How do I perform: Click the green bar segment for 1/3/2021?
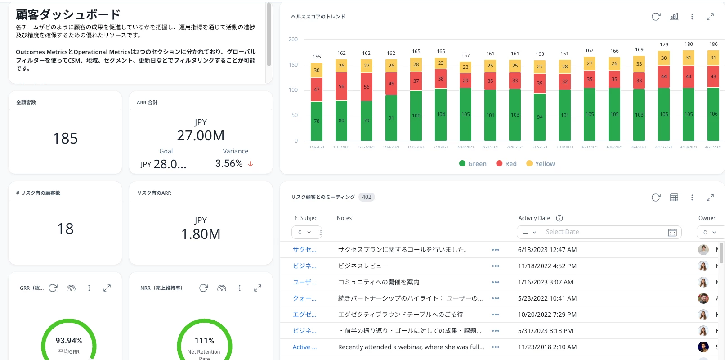[x=317, y=121]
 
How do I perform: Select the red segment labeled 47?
[x=317, y=90]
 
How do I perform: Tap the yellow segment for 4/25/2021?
[x=713, y=58]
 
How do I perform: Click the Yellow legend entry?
[x=541, y=164]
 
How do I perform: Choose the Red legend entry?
[x=506, y=164]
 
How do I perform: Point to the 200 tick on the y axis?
[x=293, y=40]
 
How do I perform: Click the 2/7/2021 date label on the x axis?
[x=441, y=147]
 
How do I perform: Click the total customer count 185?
[x=65, y=139]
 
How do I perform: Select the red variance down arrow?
[x=251, y=164]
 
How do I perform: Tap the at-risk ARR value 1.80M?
[x=201, y=234]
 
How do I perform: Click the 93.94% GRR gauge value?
[x=69, y=341]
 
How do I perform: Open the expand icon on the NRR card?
[x=258, y=288]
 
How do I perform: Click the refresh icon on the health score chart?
[x=656, y=17]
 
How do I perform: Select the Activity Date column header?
[x=534, y=218]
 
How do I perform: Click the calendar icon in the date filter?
[x=672, y=232]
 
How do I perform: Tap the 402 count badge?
[x=367, y=197]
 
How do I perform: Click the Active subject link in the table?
[x=304, y=347]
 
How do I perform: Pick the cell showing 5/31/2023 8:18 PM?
[x=545, y=331]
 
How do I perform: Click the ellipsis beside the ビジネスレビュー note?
[x=496, y=266]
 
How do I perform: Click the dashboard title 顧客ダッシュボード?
[x=68, y=15]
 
